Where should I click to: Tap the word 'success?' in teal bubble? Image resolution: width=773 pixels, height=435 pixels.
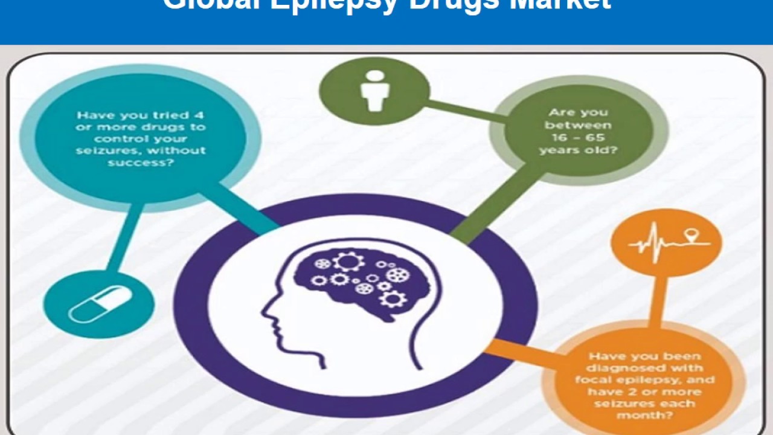point(141,162)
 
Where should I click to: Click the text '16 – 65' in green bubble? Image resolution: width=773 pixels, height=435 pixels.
point(578,138)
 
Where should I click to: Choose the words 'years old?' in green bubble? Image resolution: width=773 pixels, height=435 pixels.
point(578,150)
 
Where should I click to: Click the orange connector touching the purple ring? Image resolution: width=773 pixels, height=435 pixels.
point(513,350)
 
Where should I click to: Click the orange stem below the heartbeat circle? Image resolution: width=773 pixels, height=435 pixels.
point(658,299)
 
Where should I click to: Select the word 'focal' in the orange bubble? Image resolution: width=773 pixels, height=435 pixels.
point(592,380)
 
